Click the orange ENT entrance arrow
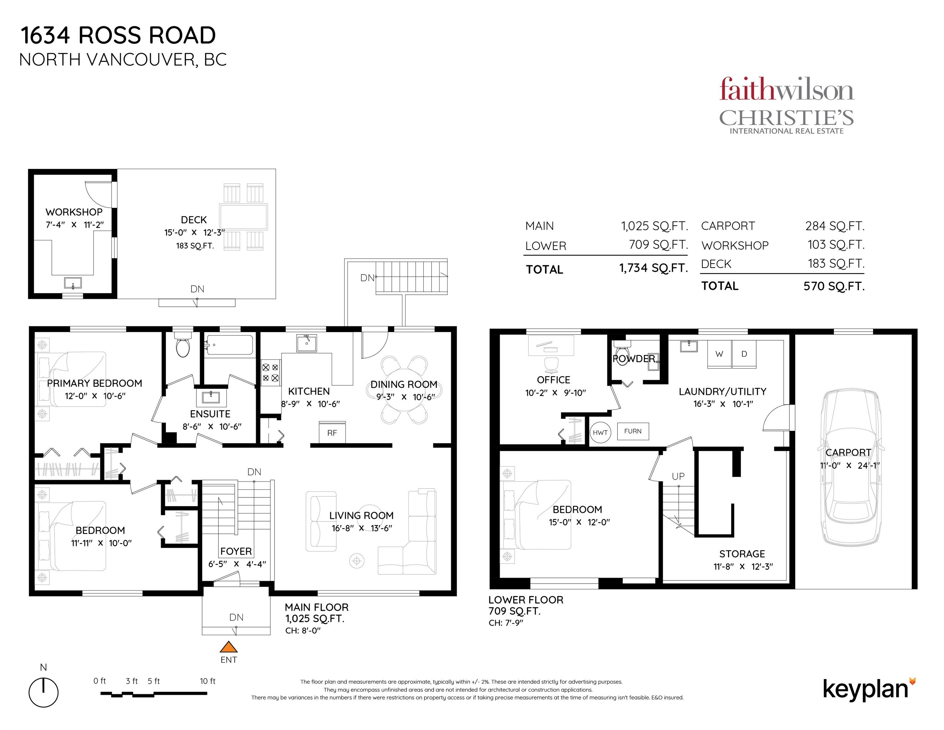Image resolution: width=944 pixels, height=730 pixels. point(229,647)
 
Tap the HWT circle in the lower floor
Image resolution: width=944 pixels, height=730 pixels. point(600,432)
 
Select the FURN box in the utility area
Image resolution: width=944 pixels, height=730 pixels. point(633,431)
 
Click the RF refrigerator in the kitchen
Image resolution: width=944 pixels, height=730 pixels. point(332,432)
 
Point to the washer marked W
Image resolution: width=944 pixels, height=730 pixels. point(719,354)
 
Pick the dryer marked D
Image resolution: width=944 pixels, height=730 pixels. point(744,354)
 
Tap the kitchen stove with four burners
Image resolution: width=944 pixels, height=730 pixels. point(270,373)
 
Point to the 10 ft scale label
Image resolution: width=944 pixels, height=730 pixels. point(207,681)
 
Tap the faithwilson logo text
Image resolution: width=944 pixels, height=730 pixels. point(786,90)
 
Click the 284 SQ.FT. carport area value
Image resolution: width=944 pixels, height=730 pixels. point(834,226)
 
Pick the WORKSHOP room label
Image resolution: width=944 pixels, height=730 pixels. point(74,212)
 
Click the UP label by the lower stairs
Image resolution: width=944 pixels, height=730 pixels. point(678,476)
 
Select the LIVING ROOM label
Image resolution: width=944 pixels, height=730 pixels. point(361,515)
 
